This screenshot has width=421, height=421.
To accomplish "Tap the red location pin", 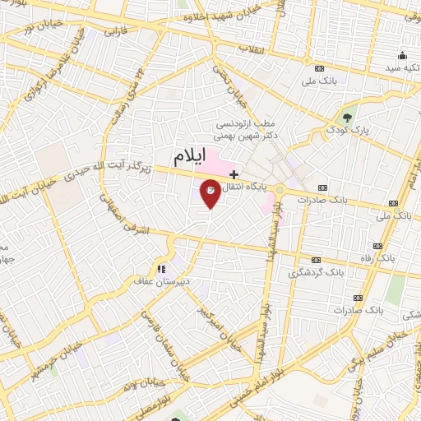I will (x=210, y=194).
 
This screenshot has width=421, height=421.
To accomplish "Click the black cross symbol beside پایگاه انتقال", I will (x=234, y=174).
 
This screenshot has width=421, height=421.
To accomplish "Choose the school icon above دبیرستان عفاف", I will (x=162, y=267).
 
